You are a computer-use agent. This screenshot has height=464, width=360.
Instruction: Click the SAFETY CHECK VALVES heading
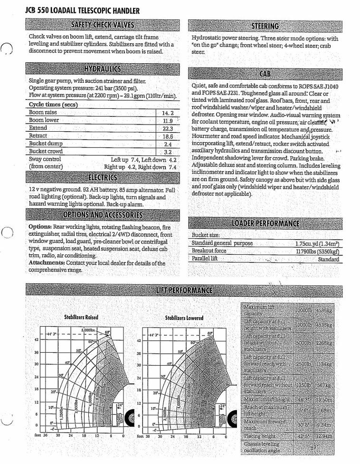click(x=102, y=25)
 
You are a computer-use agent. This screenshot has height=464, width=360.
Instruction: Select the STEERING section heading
click(x=265, y=25)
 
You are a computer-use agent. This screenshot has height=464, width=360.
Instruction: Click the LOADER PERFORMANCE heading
click(x=265, y=223)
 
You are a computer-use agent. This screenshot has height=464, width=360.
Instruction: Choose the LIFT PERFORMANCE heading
click(x=184, y=290)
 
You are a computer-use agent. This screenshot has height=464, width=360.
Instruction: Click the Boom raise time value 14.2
click(x=168, y=113)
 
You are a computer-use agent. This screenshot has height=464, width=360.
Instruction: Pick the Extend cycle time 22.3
click(x=168, y=128)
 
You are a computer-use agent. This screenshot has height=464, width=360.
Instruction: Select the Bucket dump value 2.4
click(x=168, y=144)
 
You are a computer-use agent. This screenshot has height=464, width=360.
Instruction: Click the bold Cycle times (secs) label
click(x=53, y=105)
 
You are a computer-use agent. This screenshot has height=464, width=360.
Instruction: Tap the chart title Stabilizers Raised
click(x=81, y=317)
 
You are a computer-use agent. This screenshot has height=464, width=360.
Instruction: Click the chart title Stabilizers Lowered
click(x=184, y=318)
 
